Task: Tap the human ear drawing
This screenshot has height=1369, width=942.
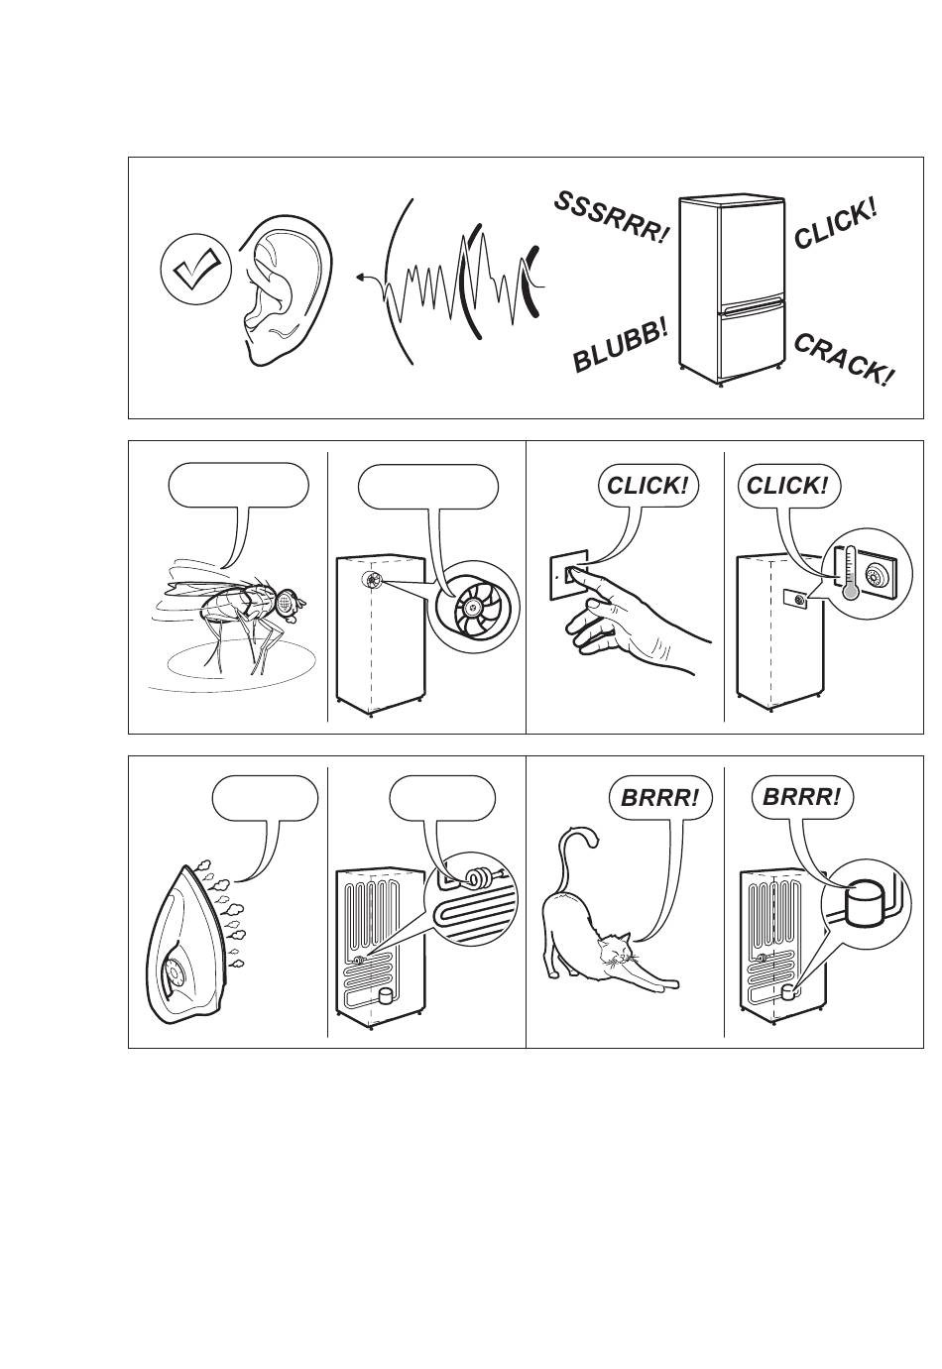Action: tap(287, 289)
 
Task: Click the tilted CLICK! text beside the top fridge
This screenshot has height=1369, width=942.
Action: tap(835, 224)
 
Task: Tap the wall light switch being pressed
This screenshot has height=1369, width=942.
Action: tap(568, 575)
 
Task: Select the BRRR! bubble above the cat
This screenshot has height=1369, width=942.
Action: tap(659, 798)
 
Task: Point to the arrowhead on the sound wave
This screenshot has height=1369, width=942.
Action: tap(361, 277)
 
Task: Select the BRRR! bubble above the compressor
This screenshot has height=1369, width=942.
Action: tap(801, 798)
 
